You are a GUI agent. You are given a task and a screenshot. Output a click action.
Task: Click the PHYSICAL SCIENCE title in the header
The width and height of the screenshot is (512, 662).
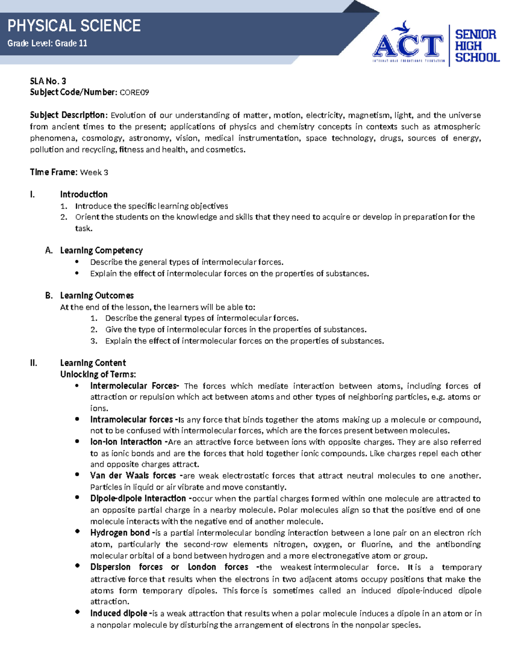click(x=74, y=26)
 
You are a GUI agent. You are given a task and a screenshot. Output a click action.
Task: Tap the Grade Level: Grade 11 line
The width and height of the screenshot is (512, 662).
click(x=47, y=43)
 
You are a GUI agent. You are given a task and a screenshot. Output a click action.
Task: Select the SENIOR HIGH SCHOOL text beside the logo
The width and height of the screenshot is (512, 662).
click(x=476, y=46)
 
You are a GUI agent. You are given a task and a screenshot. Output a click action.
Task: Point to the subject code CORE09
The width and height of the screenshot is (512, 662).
click(x=134, y=93)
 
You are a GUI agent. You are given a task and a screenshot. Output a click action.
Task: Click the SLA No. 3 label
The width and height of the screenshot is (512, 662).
click(x=48, y=81)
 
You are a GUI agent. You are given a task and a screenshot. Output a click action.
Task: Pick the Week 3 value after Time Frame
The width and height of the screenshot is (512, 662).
click(x=94, y=172)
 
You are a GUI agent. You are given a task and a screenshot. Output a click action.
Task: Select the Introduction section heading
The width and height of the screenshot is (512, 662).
click(x=84, y=194)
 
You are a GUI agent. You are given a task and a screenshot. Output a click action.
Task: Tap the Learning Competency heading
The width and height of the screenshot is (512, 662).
click(x=101, y=250)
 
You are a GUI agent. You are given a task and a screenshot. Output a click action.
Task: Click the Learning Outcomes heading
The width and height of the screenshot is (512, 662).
click(x=97, y=295)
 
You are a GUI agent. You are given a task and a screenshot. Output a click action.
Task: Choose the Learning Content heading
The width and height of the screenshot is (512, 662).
click(x=93, y=363)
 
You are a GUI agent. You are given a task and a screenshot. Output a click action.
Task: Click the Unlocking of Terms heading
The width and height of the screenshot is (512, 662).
click(x=98, y=374)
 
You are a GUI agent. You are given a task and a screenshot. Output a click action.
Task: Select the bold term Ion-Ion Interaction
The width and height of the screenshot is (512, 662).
click(x=126, y=442)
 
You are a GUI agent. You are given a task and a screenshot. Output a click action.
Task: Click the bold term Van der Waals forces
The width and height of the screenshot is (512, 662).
click(x=133, y=475)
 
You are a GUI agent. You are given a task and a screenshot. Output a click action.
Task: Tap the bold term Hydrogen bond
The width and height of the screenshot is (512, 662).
click(x=120, y=532)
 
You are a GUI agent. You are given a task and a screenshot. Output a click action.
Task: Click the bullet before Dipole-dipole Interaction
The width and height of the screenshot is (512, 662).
click(x=77, y=497)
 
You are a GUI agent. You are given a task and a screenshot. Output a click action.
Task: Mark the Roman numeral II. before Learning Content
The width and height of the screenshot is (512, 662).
click(x=34, y=363)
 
